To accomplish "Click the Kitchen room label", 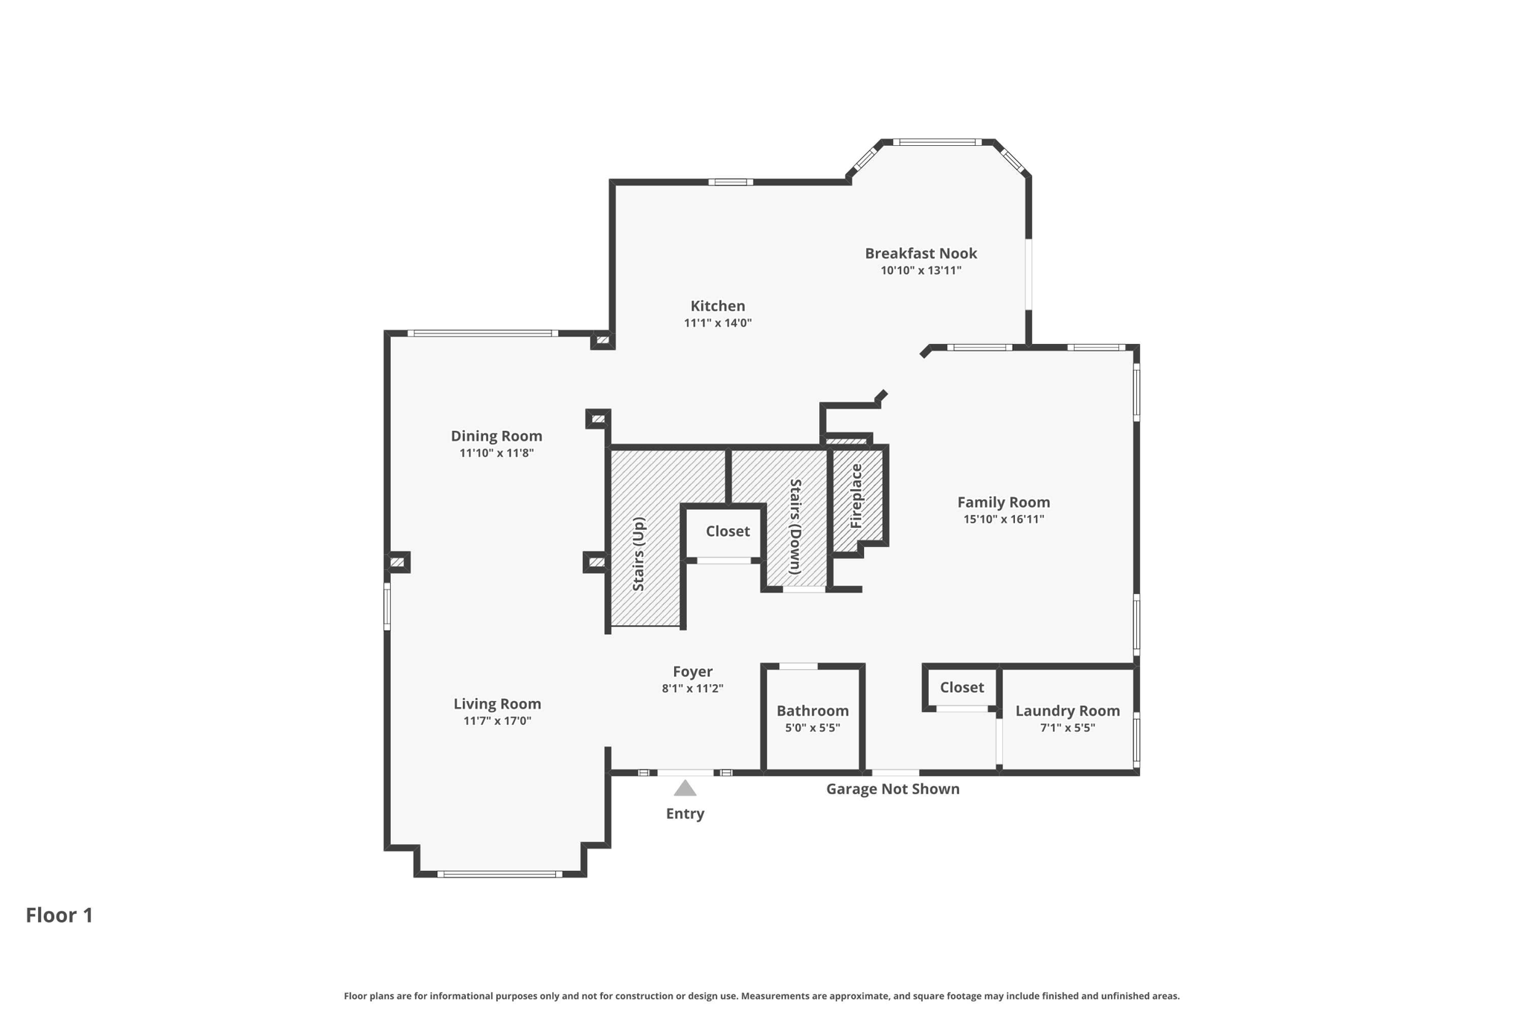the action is click(x=717, y=306).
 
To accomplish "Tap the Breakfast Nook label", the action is click(x=921, y=253).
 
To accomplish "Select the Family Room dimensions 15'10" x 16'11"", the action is click(x=1003, y=520).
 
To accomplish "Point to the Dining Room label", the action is click(x=496, y=436).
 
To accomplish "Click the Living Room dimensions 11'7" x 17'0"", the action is click(x=497, y=721).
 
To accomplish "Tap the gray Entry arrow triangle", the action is click(x=685, y=788).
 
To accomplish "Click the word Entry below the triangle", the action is click(x=685, y=814).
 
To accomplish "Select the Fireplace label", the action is click(x=857, y=496).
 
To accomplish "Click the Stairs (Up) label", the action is click(x=638, y=555).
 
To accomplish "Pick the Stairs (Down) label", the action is click(x=795, y=526).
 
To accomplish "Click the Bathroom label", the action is click(x=813, y=711).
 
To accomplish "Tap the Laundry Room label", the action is click(x=1067, y=711).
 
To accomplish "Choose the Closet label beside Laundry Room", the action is click(x=961, y=687).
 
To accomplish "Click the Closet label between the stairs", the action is click(x=728, y=531).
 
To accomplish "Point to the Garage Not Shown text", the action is click(x=892, y=789).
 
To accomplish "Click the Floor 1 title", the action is click(x=60, y=915).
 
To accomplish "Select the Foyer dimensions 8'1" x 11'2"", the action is click(x=692, y=688).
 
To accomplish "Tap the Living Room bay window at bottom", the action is click(x=499, y=874).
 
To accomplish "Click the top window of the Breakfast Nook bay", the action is click(x=938, y=142).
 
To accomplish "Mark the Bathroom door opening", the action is click(x=798, y=666).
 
